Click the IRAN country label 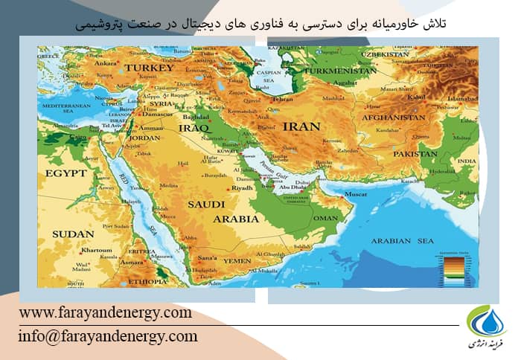[x=301, y=126]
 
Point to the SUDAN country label [x=73, y=234]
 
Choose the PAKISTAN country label [x=415, y=154]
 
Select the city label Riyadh [x=243, y=188]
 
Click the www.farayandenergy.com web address [x=105, y=312]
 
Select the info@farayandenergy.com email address [x=108, y=336]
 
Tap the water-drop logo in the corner [x=485, y=321]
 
